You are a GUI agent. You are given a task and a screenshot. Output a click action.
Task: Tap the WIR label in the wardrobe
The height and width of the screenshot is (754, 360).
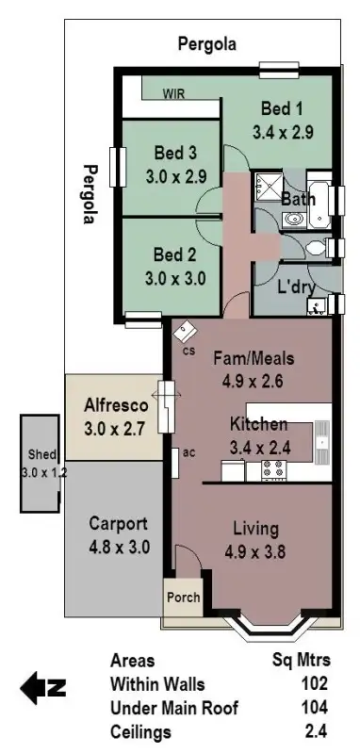[x=173, y=94]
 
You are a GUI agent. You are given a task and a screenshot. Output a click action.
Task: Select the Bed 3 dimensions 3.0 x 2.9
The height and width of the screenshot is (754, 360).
[x=175, y=175]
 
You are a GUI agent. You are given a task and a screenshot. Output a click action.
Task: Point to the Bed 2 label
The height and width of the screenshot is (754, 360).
[x=175, y=254]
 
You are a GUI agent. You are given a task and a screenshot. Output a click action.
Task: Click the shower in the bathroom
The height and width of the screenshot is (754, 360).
[x=268, y=187]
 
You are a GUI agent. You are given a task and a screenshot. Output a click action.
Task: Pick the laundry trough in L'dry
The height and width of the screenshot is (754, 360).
[x=318, y=303]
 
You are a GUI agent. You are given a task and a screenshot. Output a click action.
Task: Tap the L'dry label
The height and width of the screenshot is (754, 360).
[x=294, y=286]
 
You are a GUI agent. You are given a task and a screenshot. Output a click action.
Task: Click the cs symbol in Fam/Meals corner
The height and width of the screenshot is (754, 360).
[x=185, y=332]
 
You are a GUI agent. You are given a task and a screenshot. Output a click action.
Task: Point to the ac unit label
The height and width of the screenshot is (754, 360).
[x=188, y=452]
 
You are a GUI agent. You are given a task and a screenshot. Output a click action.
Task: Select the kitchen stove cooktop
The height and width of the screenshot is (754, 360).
[x=275, y=467]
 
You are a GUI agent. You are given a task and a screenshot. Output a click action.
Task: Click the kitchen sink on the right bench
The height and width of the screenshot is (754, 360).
[x=321, y=438]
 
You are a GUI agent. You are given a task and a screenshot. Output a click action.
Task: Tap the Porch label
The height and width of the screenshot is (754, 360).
[x=183, y=598]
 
